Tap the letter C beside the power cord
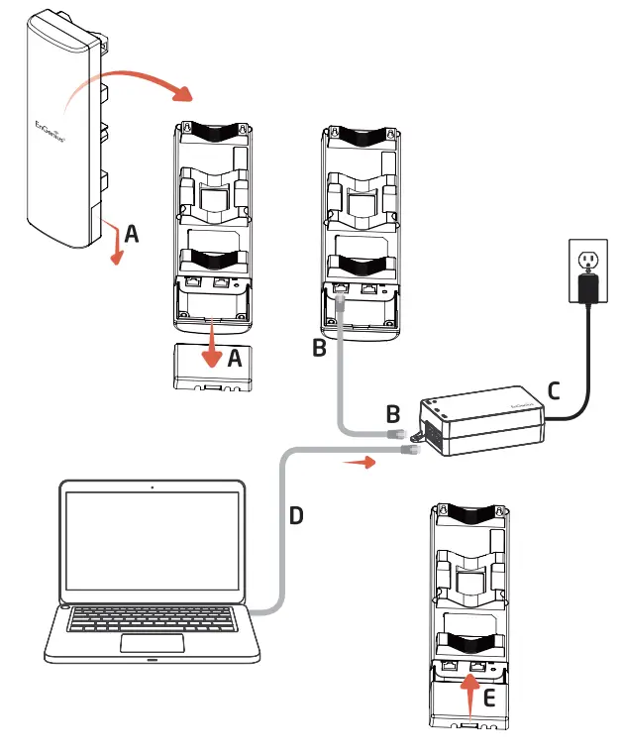click(554, 389)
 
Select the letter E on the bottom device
click(487, 698)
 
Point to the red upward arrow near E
click(468, 694)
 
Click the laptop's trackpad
click(152, 643)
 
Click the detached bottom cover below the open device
click(212, 369)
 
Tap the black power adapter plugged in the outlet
click(589, 287)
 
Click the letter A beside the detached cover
click(234, 360)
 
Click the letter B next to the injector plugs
click(392, 411)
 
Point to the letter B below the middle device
click(318, 349)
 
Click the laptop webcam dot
click(152, 487)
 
